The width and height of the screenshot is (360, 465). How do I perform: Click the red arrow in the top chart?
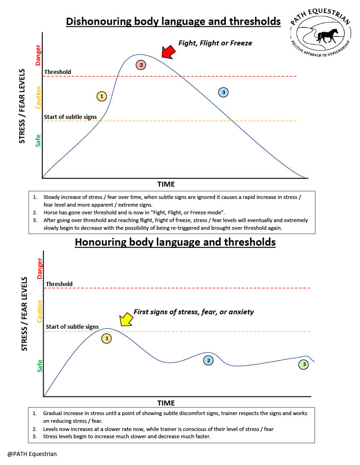(168, 51)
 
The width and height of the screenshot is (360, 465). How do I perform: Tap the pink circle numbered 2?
(141, 65)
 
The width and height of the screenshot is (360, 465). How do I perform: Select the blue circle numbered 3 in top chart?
(223, 92)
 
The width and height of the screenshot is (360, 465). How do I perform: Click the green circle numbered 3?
(303, 364)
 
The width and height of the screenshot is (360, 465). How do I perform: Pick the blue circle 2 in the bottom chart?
(208, 360)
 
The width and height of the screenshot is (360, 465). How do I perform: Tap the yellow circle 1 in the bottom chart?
(106, 338)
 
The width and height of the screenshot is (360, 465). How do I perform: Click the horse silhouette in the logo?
(327, 35)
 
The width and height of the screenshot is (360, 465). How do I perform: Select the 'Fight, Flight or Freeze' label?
(215, 43)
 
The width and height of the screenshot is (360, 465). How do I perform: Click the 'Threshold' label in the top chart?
(57, 72)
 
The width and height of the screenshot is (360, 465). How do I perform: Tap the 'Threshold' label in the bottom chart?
(59, 284)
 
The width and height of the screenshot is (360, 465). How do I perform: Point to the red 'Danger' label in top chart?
(39, 54)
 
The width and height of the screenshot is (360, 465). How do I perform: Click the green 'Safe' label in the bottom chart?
(40, 366)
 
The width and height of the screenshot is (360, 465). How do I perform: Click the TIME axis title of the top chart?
(166, 184)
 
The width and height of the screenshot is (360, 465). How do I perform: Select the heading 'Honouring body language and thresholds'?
(175, 242)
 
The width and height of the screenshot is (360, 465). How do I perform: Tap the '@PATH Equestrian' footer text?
(32, 453)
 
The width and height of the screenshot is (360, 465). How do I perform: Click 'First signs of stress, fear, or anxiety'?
(194, 312)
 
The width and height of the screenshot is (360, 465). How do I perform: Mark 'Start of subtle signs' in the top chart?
(70, 117)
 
